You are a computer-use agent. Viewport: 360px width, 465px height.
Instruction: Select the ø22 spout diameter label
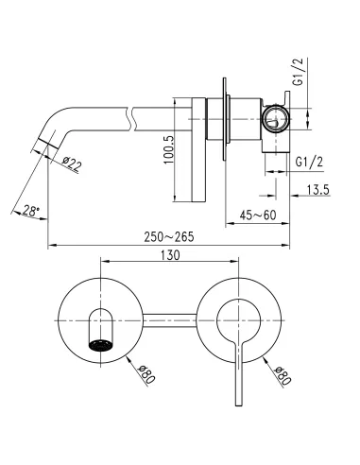click(71, 165)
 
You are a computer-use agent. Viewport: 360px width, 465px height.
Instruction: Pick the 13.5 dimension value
click(318, 189)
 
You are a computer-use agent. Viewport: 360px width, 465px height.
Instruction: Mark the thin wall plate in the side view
click(226, 123)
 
